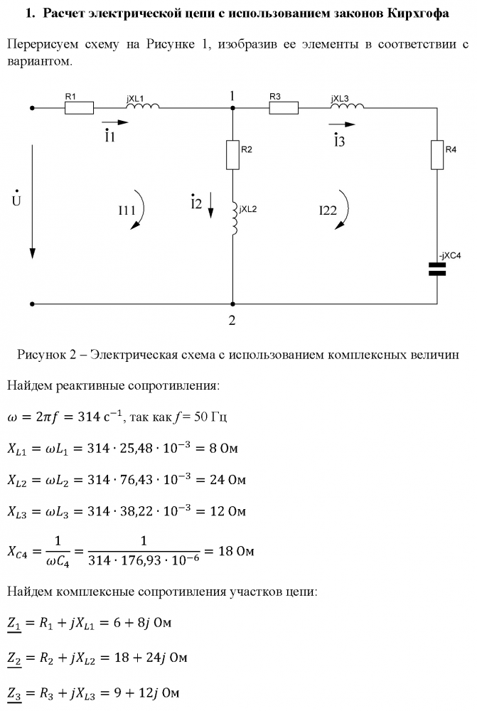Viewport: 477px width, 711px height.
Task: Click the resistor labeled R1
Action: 79,108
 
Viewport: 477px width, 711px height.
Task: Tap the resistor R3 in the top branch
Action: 284,108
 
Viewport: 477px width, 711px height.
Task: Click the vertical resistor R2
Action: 232,155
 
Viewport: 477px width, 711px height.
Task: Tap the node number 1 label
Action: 232,95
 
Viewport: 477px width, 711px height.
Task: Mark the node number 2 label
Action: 232,319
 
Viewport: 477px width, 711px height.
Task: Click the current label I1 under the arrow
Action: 109,136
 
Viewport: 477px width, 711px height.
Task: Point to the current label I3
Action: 339,140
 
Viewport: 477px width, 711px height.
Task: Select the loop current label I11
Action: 127,210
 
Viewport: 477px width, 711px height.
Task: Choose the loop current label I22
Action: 328,210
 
